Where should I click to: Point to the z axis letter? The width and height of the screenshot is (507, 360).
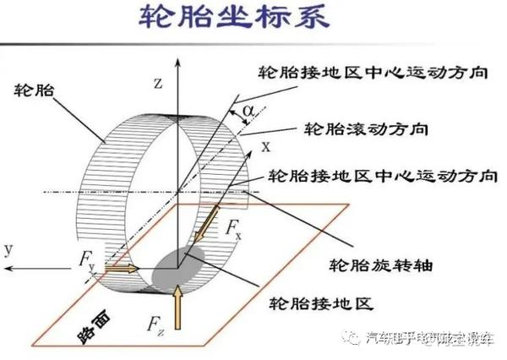tap(157, 82)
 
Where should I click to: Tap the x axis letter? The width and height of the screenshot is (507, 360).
tap(264, 146)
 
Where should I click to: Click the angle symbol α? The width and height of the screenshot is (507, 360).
tap(247, 110)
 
